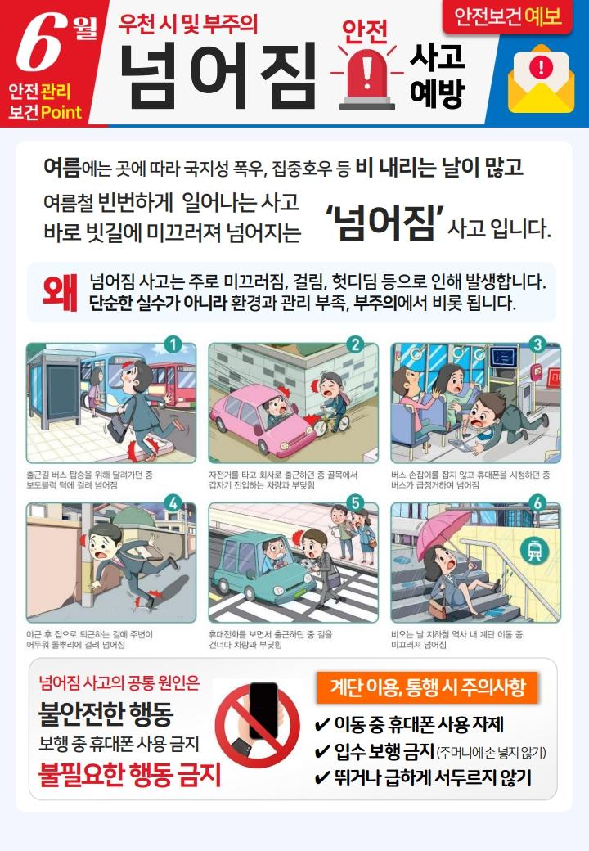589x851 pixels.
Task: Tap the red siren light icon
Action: (x=367, y=79)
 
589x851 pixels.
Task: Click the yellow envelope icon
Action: (x=541, y=79)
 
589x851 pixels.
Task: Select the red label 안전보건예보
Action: (x=507, y=17)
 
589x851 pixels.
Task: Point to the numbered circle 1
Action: (x=173, y=344)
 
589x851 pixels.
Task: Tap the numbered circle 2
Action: (x=355, y=344)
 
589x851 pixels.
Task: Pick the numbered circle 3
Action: (x=537, y=344)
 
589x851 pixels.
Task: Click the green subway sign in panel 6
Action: (x=534, y=551)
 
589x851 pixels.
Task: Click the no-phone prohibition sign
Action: (x=258, y=724)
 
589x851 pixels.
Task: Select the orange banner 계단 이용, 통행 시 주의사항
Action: (x=427, y=687)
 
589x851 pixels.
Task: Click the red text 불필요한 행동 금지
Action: (x=129, y=774)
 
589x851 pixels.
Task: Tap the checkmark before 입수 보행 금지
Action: (x=322, y=752)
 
